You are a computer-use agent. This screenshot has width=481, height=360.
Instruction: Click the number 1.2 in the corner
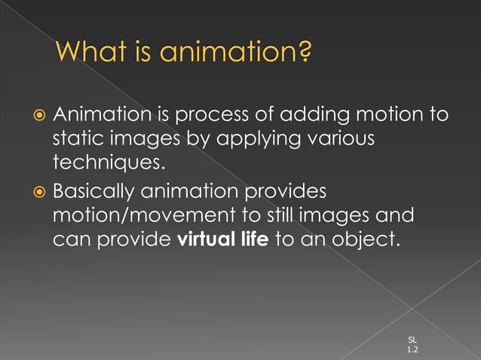412,350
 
